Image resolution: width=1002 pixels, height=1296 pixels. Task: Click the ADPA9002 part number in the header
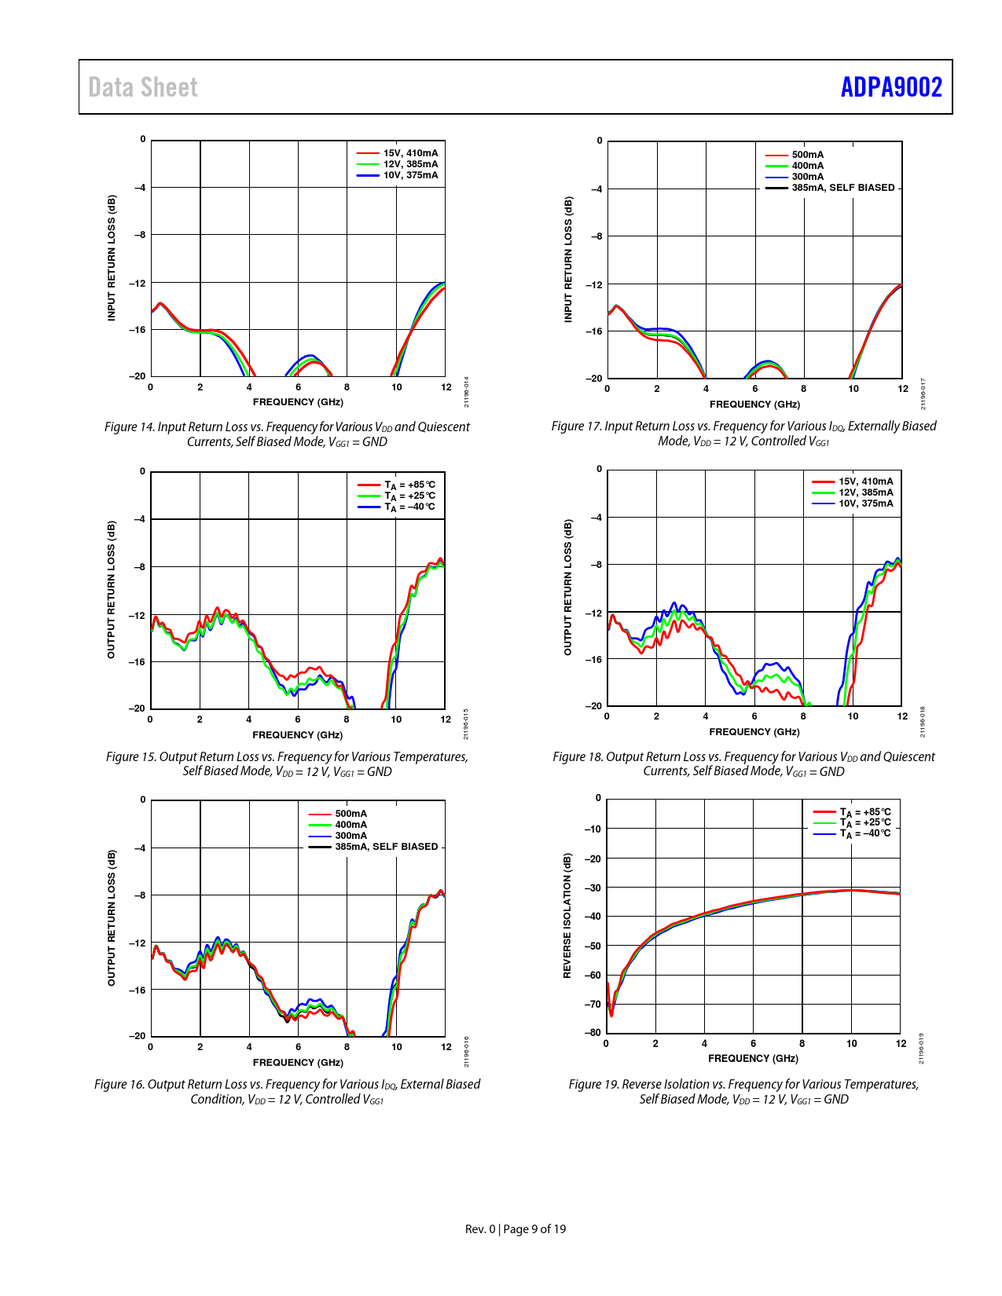click(x=890, y=87)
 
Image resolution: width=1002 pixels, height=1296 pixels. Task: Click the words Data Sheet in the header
click(x=143, y=87)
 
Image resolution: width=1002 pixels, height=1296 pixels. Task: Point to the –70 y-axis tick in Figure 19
click(x=593, y=1004)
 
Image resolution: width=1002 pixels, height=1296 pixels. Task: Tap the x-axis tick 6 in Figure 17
click(x=755, y=389)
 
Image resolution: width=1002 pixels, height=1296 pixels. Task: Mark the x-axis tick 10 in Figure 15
click(x=396, y=719)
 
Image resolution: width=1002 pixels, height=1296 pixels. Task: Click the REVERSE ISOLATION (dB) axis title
click(x=567, y=916)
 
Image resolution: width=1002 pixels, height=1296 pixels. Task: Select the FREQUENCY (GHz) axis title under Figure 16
click(x=298, y=1063)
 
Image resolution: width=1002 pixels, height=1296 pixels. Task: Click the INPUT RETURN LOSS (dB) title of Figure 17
click(x=568, y=259)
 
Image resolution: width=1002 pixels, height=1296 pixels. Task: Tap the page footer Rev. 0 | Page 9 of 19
click(x=516, y=1229)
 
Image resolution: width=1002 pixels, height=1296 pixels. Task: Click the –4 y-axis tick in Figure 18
click(x=596, y=518)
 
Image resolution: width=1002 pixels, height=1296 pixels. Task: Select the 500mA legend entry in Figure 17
click(x=807, y=155)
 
